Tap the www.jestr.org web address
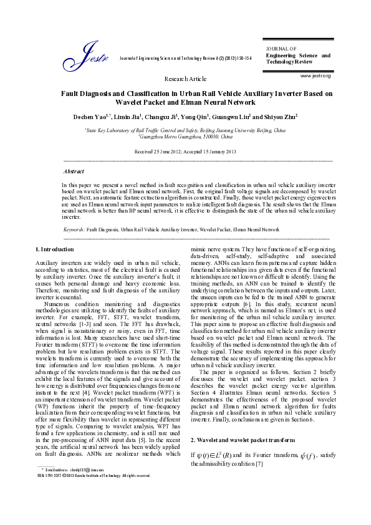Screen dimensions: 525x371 (315, 75)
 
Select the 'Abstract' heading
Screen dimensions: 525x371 (75, 170)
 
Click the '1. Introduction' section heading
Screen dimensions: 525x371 (54, 249)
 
